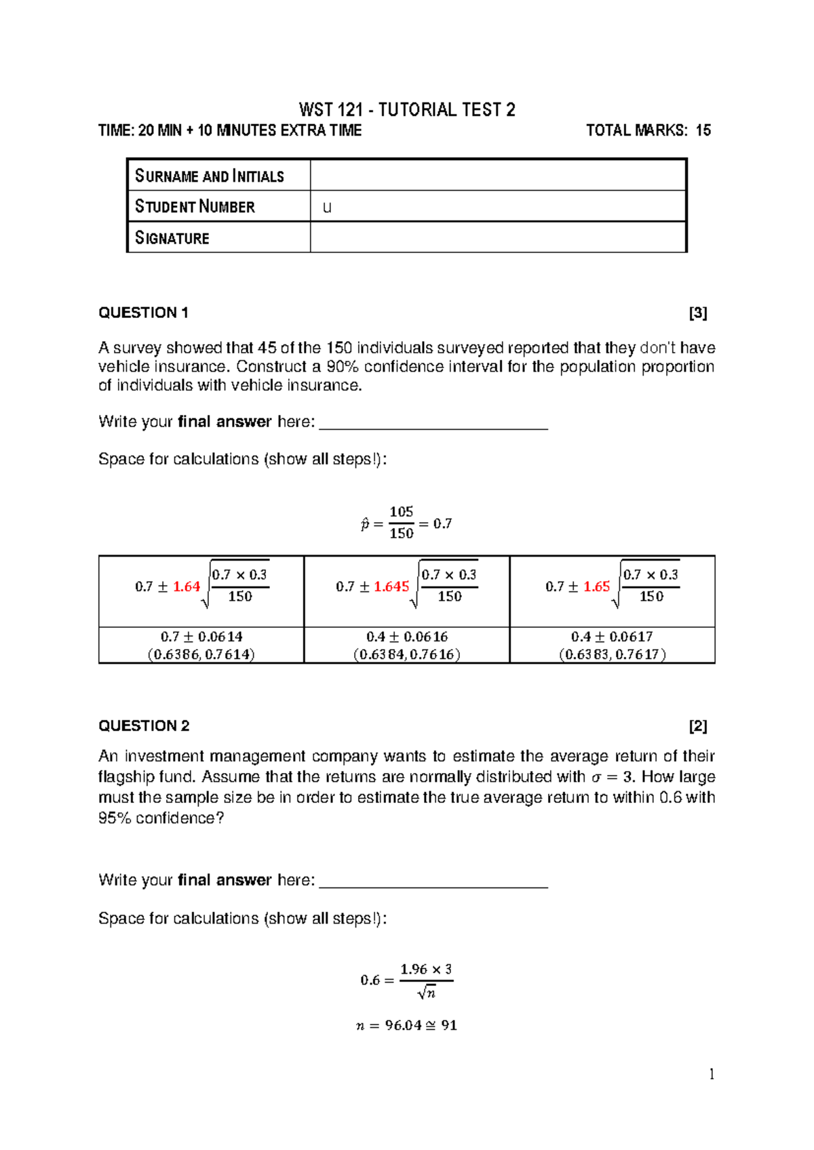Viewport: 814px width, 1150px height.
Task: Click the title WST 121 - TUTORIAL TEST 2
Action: click(407, 110)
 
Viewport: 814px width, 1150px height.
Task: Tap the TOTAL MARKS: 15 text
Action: click(648, 130)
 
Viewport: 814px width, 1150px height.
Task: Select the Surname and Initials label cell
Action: click(210, 176)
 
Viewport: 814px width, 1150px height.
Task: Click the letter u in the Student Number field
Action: click(327, 207)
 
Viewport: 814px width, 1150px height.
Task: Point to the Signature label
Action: click(172, 238)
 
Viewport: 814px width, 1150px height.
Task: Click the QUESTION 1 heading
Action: click(143, 313)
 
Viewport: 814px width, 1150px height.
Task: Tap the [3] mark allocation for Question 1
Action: click(697, 313)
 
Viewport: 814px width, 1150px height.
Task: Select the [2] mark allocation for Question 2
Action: click(697, 726)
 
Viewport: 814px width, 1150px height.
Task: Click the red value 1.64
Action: click(187, 587)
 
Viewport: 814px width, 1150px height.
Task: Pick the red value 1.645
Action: click(391, 587)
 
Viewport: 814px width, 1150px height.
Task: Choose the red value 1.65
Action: click(596, 587)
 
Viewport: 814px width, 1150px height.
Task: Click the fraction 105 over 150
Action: click(401, 522)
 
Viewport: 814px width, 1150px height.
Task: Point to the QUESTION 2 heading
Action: click(144, 726)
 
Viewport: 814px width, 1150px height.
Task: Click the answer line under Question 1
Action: click(433, 427)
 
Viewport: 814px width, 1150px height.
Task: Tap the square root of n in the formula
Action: click(427, 993)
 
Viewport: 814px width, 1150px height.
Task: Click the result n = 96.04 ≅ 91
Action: click(406, 1025)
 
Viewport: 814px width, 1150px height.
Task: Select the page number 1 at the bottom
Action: click(711, 1073)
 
